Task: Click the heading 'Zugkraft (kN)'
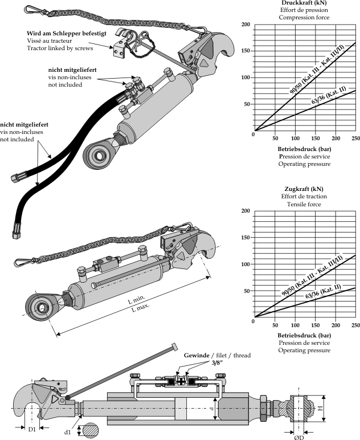(304, 189)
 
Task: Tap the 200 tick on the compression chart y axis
(246, 25)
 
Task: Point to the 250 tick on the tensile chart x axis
(356, 325)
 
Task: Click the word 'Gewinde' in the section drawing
(197, 355)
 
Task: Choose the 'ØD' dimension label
(298, 437)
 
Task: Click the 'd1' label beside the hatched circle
(67, 432)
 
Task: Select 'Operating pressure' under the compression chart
(304, 164)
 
